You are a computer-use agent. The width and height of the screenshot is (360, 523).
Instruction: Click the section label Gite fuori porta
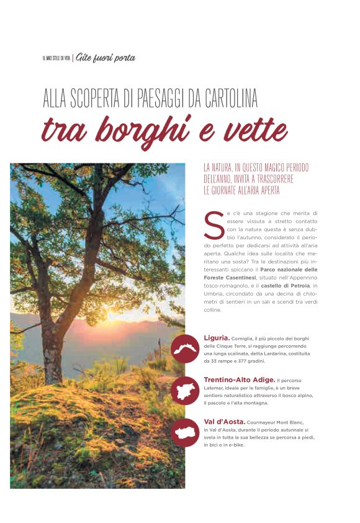[106, 58]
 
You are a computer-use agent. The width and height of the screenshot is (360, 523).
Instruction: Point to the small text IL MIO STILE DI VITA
[56, 58]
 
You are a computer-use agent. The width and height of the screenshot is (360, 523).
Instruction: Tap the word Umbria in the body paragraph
[214, 293]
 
